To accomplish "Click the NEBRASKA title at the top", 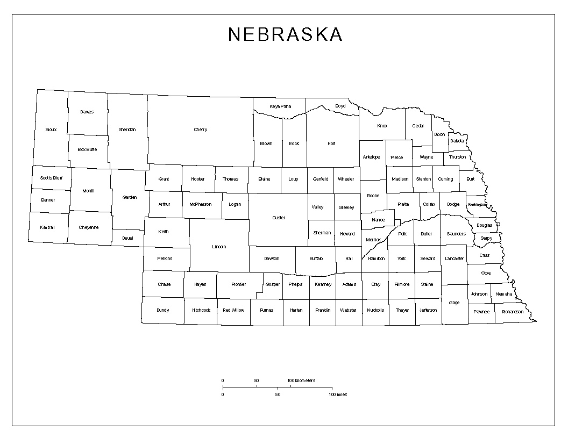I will point(285,34).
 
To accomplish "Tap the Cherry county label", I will point(201,130).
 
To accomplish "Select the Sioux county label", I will point(51,130).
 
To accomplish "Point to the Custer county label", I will point(279,218).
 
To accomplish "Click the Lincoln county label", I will point(219,247).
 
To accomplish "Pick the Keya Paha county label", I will point(280,106).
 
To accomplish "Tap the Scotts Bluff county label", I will point(51,178).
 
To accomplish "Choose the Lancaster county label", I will point(454,259).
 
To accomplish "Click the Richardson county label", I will point(513,312).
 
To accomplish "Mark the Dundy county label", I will point(162,310).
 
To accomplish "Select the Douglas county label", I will point(484,225).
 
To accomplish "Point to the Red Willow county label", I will point(233,310).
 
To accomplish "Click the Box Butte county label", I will point(87,149).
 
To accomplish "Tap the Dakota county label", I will point(457,141).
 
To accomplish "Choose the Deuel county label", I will point(127,238).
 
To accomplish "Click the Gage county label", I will point(455,303).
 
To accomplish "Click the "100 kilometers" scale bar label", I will point(302,380).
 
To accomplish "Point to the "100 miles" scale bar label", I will point(338,394).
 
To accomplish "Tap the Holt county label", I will point(331,143).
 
